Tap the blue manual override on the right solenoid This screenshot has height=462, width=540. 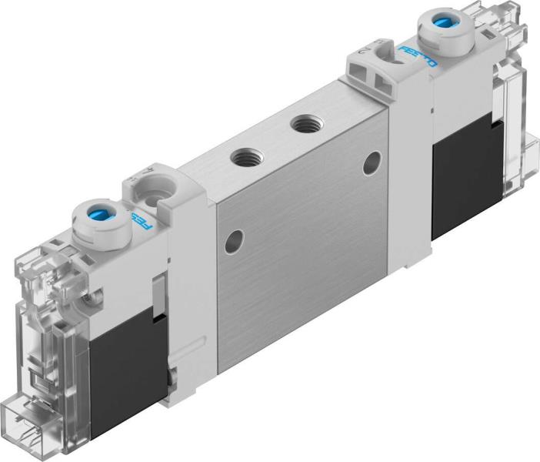pos(443,22)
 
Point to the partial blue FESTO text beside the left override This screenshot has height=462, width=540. pos(142,223)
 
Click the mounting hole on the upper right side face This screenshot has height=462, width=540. pos(373,160)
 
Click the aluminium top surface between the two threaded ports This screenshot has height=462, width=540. pos(275,139)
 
